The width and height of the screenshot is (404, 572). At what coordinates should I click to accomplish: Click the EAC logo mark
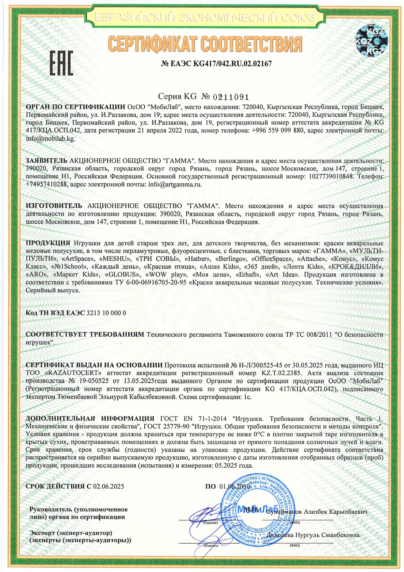tap(61, 63)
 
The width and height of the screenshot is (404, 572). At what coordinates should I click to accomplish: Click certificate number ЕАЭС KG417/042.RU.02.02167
tap(216, 64)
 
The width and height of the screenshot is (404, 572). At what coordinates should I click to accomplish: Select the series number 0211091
tap(231, 97)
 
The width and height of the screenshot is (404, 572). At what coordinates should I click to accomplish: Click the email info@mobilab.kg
tap(50, 138)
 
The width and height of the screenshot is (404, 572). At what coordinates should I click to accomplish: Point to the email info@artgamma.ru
tap(175, 184)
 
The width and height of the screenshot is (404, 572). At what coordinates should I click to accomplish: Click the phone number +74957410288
tap(46, 184)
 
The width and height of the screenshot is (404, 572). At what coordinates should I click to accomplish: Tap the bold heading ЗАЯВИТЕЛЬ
tap(47, 161)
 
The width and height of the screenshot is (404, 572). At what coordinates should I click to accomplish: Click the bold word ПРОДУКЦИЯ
tap(48, 243)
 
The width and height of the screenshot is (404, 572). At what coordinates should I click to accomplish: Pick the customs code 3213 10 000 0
tap(106, 313)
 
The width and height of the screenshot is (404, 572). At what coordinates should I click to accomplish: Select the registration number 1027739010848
tap(329, 176)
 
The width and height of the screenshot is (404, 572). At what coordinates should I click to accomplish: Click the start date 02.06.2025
tap(108, 486)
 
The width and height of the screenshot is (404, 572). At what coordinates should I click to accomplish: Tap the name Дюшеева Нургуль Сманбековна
tap(313, 535)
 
